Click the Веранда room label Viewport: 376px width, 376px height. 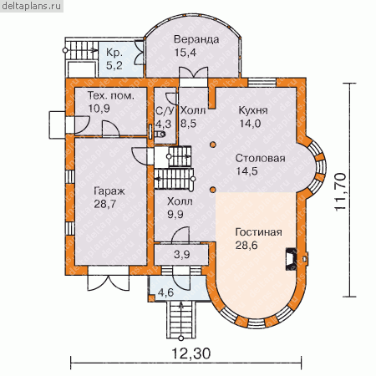pyautogui.click(x=196, y=39)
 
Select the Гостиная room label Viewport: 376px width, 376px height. pyautogui.click(x=259, y=232)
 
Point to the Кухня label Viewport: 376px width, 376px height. pyautogui.click(x=253, y=110)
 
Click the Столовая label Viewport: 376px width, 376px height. pyautogui.click(x=260, y=158)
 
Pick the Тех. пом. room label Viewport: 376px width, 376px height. pyautogui.click(x=111, y=95)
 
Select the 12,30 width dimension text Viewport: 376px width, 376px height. pyautogui.click(x=191, y=353)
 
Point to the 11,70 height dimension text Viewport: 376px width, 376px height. pyautogui.click(x=340, y=191)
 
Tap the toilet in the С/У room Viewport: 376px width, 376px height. pyautogui.click(x=160, y=134)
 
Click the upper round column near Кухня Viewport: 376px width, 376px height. pyautogui.click(x=212, y=145)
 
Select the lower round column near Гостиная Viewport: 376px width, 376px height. pyautogui.click(x=212, y=190)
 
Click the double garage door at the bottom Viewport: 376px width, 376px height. pyautogui.click(x=109, y=278)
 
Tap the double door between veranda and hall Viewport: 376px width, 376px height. pyautogui.click(x=193, y=74)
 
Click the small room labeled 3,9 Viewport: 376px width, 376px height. pyautogui.click(x=181, y=255)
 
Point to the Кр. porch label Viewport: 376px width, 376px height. pyautogui.click(x=114, y=53)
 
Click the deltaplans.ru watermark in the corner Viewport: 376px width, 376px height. pyautogui.click(x=32, y=6)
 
